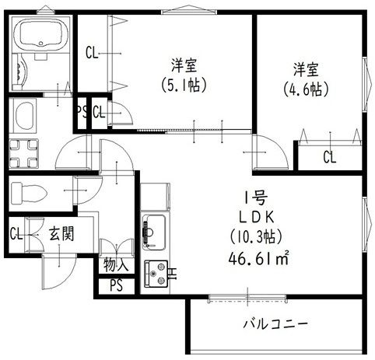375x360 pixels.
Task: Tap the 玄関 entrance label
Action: click(x=61, y=232)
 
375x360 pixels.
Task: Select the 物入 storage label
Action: click(x=117, y=266)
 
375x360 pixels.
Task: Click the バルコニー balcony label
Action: click(x=275, y=323)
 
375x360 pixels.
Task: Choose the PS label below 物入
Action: click(x=116, y=285)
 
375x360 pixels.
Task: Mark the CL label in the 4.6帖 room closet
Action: click(x=329, y=157)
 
